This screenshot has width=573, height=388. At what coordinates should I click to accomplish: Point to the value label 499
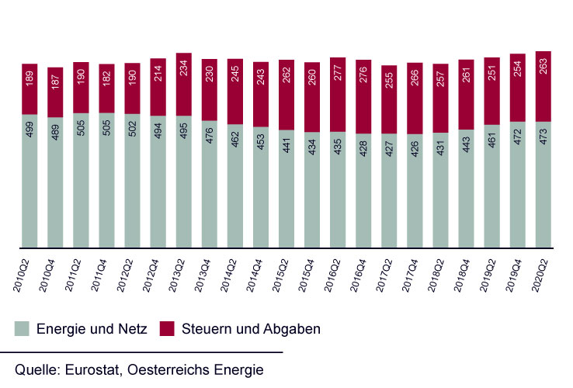[30, 129]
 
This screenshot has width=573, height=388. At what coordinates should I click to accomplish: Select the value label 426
[415, 149]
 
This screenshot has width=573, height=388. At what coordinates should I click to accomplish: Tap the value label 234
[183, 84]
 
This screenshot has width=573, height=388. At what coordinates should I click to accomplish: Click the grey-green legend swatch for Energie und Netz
[22, 329]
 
